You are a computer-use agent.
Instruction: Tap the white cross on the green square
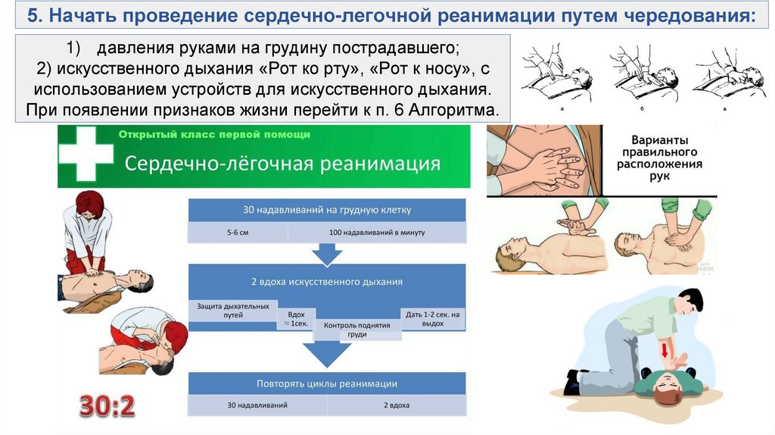pos(85,156)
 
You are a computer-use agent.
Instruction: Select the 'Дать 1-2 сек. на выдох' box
pos(432,318)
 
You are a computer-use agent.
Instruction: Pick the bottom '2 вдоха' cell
pos(397,405)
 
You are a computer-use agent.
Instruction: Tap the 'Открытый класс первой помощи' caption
pos(214,135)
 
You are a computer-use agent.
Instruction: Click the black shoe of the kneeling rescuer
pos(573,380)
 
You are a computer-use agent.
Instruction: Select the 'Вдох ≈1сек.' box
pos(296,318)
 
